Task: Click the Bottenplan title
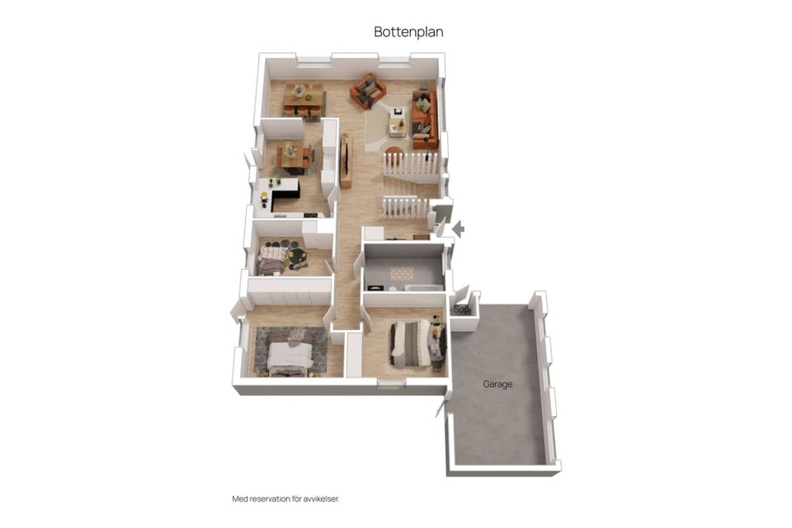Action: tap(408, 32)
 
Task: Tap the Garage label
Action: tap(497, 384)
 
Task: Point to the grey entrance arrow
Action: tap(458, 229)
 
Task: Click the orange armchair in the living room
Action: tap(368, 91)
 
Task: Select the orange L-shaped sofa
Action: tap(424, 119)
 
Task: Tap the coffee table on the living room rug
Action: tap(398, 124)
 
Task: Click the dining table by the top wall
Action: tap(303, 99)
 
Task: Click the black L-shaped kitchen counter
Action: tap(284, 195)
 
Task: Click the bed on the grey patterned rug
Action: tap(289, 358)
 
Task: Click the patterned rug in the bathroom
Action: tap(402, 274)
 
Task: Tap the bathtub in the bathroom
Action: tap(425, 288)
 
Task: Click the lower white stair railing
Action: tap(405, 206)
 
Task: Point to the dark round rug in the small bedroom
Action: tap(297, 257)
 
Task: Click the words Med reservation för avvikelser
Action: tap(286, 498)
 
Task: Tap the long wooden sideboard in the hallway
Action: tap(346, 161)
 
